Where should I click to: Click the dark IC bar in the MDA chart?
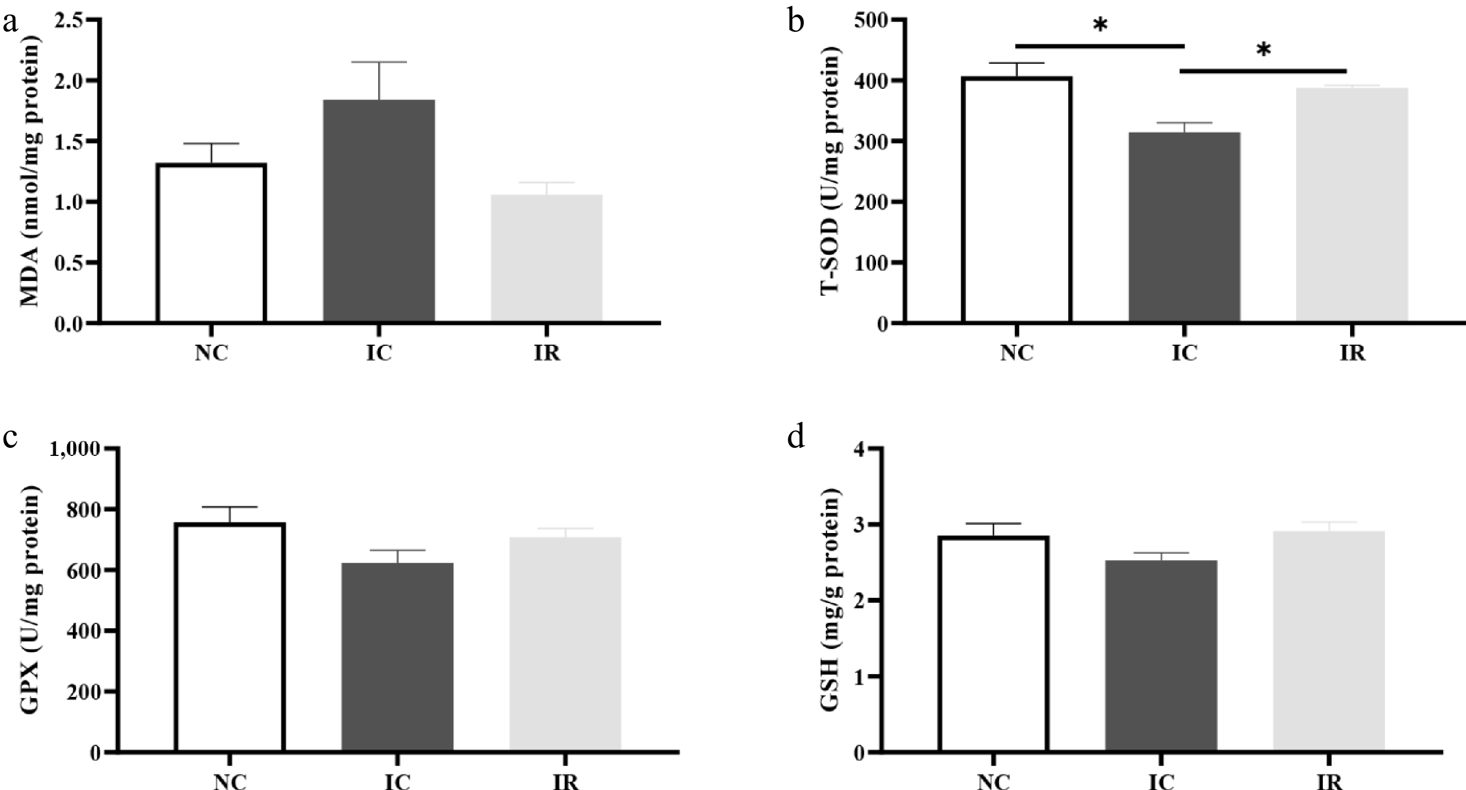(379, 211)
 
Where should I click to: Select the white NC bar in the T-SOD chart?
(1017, 199)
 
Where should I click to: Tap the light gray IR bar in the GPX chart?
(564, 643)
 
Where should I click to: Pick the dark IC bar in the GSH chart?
(1161, 654)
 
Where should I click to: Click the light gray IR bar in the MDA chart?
(546, 259)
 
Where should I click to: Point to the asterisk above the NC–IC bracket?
(1100, 26)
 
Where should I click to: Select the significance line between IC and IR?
(1263, 71)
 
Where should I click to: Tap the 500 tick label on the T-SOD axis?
(871, 20)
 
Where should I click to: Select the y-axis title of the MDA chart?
(30, 171)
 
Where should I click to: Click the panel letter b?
(796, 22)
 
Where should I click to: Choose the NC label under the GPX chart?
(230, 782)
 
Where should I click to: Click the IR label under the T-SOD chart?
(1352, 353)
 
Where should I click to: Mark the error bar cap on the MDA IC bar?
(379, 62)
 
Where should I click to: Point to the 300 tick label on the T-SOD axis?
(871, 141)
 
